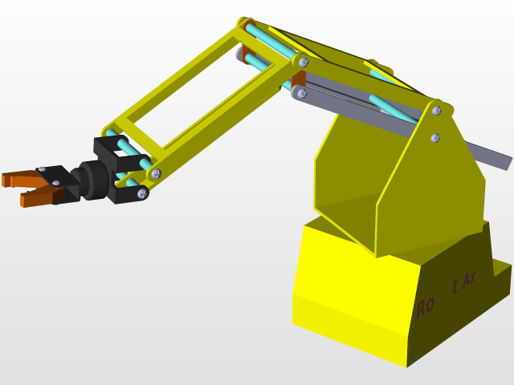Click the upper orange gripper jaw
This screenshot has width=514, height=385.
tap(16, 178)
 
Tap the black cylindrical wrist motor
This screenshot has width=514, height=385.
tap(89, 180)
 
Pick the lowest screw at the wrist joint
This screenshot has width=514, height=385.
tap(142, 192)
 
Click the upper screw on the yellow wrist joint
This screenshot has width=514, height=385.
tap(156, 172)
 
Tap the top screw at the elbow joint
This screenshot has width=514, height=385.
tap(301, 60)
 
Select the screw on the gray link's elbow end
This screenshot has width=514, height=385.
tap(301, 93)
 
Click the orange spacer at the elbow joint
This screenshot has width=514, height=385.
tap(298, 79)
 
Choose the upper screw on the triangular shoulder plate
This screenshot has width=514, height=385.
tap(436, 110)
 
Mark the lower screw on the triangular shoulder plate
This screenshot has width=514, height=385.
tap(435, 137)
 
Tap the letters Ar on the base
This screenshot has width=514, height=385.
tap(470, 278)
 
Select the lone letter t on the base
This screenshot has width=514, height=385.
tap(455, 286)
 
